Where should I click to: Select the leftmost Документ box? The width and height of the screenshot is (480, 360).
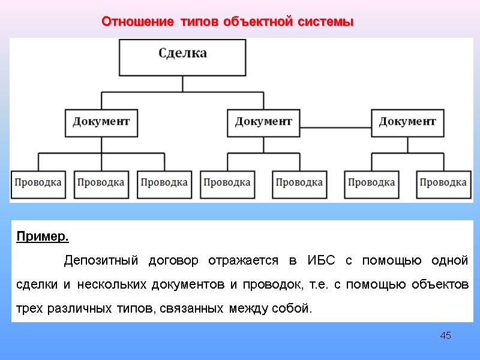[x=101, y=122]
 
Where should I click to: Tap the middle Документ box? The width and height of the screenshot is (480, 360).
[x=263, y=122]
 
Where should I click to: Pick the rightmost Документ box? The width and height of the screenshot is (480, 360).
[x=407, y=122]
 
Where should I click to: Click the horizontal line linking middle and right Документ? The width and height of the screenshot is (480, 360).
[x=335, y=128]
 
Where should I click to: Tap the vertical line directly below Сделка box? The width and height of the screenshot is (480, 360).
[x=183, y=83]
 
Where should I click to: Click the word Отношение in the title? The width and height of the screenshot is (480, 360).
[x=137, y=22]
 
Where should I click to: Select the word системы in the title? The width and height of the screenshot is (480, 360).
[x=325, y=22]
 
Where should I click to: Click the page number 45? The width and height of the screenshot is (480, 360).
[x=445, y=335]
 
